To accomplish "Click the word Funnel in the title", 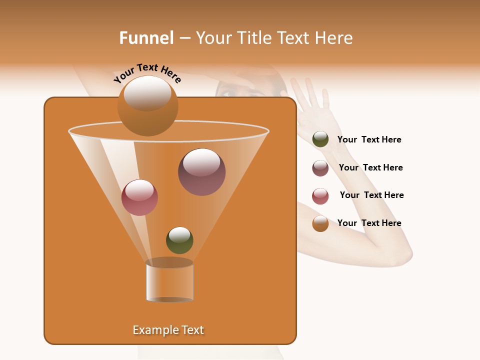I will pyautogui.click(x=146, y=38).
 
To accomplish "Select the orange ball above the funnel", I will pyautogui.click(x=147, y=105).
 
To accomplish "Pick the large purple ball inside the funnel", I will pyautogui.click(x=201, y=172).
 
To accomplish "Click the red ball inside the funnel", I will pyautogui.click(x=139, y=197).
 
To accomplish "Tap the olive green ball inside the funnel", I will pyautogui.click(x=179, y=240).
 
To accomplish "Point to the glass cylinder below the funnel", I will pyautogui.click(x=169, y=281).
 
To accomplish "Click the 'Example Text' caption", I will pyautogui.click(x=168, y=330).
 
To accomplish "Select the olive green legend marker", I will pyautogui.click(x=320, y=139).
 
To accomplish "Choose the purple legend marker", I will pyautogui.click(x=320, y=168).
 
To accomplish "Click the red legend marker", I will pyautogui.click(x=320, y=196).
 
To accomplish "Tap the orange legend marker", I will pyautogui.click(x=320, y=223).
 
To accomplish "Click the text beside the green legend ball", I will pyautogui.click(x=369, y=140).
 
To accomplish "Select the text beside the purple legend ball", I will pyautogui.click(x=370, y=168).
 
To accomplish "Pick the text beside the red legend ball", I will pyautogui.click(x=371, y=195).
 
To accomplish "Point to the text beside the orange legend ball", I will pyautogui.click(x=369, y=223).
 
